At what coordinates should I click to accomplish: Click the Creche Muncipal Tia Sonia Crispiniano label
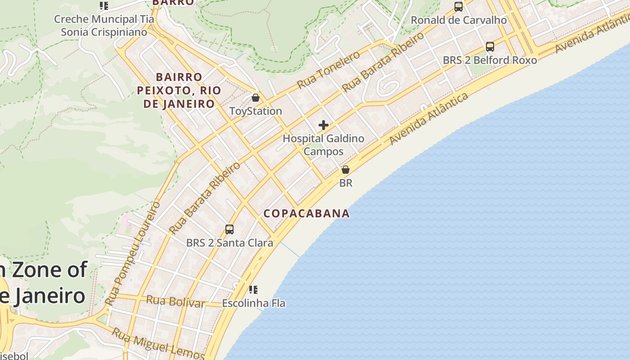pos(104,26)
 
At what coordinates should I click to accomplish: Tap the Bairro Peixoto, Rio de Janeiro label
pos(179,90)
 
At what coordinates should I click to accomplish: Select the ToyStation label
pos(256,111)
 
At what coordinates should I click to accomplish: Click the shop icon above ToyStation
pos(256,98)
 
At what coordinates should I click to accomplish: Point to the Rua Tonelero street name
pos(328,70)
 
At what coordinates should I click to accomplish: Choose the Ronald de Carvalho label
pos(459,20)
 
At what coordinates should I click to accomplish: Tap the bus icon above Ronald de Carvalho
pos(459,7)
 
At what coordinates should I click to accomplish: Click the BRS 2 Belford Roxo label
pos(490,60)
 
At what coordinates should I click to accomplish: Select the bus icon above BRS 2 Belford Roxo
pos(490,47)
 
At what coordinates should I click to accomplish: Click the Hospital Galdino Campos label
pos(324,145)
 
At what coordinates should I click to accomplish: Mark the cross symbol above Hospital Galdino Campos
pos(324,125)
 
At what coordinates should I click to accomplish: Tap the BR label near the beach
pos(346,183)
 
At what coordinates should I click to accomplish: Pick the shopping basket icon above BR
pos(346,170)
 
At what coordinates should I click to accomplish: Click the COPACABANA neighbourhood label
pos(306,213)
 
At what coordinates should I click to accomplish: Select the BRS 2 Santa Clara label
pos(229,243)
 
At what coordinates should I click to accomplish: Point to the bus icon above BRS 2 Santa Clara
pos(229,229)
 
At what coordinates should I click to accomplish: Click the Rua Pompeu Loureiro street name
pos(133,253)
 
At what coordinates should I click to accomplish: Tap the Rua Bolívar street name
pos(175,301)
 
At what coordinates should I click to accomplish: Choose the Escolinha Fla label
pos(253,303)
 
